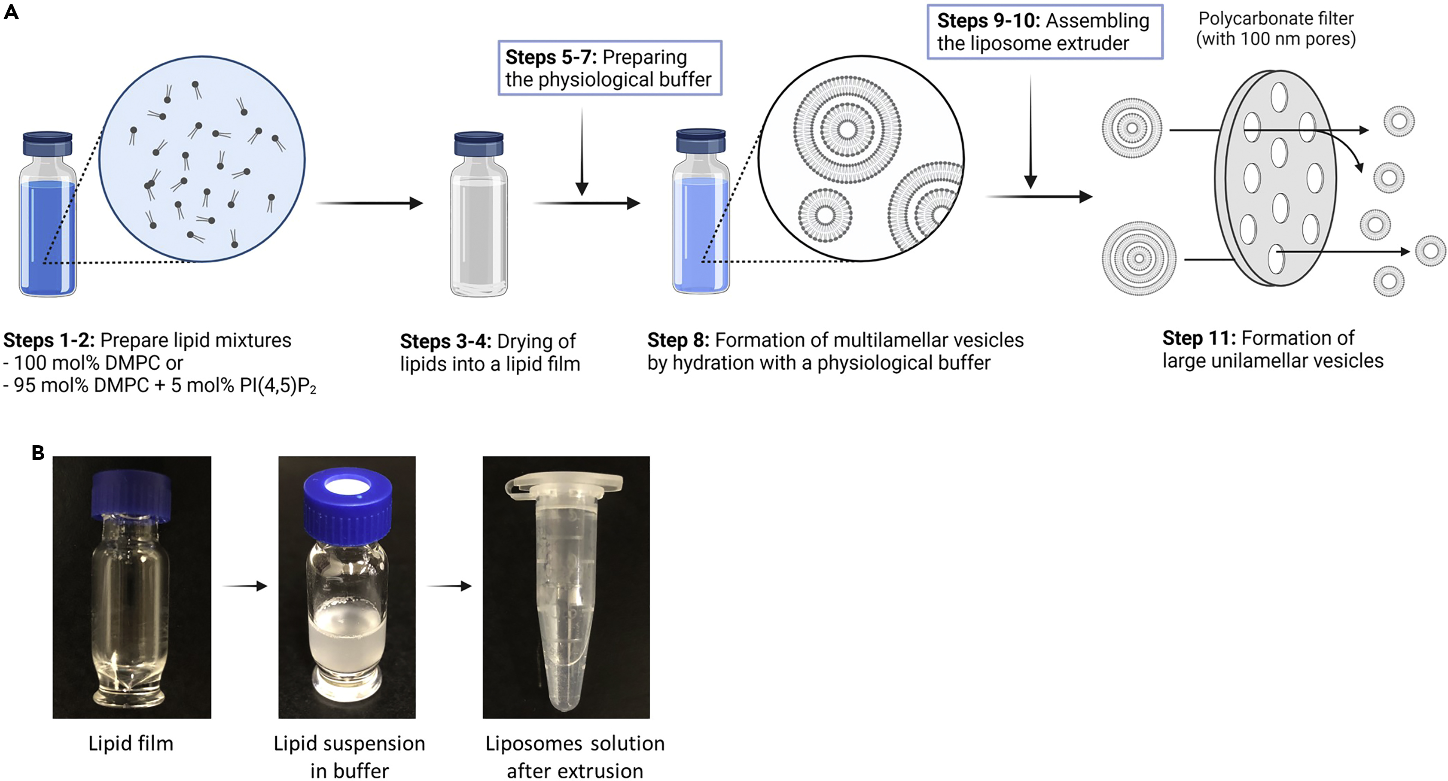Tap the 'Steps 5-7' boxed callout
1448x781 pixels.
pos(610,68)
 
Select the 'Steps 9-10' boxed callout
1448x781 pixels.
pos(1044,32)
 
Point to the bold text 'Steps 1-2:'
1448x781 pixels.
pos(49,340)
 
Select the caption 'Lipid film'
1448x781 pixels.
pos(131,743)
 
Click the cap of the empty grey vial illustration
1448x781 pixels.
pos(479,144)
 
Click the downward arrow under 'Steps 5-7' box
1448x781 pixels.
pos(582,152)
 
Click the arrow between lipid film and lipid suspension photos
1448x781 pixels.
pos(245,586)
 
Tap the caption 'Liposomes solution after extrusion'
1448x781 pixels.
pos(574,757)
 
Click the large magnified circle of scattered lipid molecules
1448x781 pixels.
pos(202,159)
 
